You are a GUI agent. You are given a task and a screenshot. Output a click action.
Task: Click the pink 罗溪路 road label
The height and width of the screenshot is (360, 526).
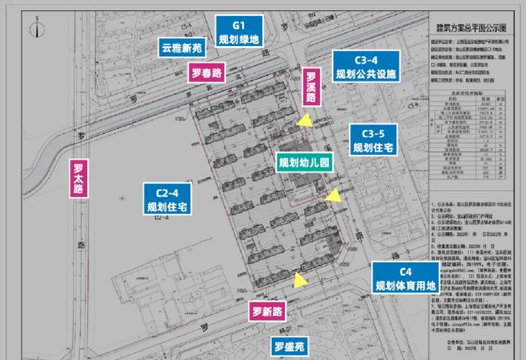(x=312, y=90)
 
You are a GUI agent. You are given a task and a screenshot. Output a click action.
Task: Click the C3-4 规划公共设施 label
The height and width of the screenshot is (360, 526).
(x=366, y=66)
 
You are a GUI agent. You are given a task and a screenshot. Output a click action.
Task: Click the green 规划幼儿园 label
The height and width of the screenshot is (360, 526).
(x=303, y=163)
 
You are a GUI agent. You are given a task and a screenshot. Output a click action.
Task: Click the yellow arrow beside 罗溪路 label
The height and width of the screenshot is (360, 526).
(x=307, y=122)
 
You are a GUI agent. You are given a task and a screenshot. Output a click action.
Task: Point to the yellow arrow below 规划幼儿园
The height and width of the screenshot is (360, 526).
(x=332, y=194)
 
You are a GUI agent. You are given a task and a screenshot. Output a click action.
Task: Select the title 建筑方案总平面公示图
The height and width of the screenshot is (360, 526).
(x=471, y=27)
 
